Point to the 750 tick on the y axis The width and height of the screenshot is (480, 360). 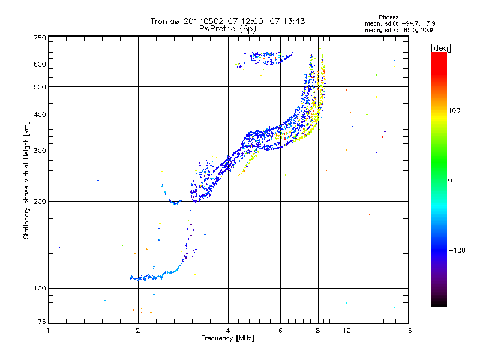pos(40,38)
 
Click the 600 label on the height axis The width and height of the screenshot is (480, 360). pos(40,64)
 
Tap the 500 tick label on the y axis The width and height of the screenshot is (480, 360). pos(40,86)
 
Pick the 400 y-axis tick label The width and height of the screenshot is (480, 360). pos(40,115)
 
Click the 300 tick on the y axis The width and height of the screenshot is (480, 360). pos(40,151)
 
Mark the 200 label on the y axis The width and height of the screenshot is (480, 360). pos(40,201)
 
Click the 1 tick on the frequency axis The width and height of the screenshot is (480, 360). pos(48,331)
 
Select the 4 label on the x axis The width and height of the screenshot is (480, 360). pos(228,331)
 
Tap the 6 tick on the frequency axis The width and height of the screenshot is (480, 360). pos(280,331)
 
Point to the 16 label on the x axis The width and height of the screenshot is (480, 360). pos(407,331)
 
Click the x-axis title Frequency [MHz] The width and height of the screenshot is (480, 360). pos(227,338)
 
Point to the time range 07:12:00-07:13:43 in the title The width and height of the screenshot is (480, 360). pos(262,21)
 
